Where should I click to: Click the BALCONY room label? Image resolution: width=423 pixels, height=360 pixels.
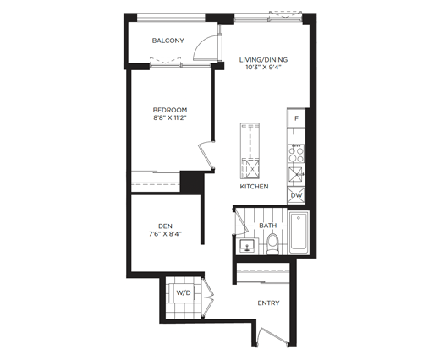pyautogui.click(x=168, y=41)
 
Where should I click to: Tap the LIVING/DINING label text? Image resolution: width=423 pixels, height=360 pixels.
pyautogui.click(x=263, y=60)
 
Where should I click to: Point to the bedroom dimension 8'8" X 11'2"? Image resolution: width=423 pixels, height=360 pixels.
pyautogui.click(x=170, y=117)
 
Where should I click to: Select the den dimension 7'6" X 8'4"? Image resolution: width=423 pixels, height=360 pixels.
pyautogui.click(x=165, y=234)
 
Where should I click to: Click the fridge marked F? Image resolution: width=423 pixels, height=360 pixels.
pyautogui.click(x=296, y=118)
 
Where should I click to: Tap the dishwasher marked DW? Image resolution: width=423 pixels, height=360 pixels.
pyautogui.click(x=296, y=195)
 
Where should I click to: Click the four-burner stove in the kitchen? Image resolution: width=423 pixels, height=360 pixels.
pyautogui.click(x=296, y=153)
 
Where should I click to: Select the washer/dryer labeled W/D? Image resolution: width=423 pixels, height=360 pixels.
pyautogui.click(x=184, y=292)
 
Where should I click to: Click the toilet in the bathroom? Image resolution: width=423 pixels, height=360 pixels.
pyautogui.click(x=272, y=243)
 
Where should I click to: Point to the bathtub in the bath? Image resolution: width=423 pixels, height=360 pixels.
pyautogui.click(x=299, y=232)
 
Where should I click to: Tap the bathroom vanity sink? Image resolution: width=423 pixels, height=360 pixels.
pyautogui.click(x=247, y=247)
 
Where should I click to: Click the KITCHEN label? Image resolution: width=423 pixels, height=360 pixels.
pyautogui.click(x=254, y=187)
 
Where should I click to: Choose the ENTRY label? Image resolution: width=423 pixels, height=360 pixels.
pyautogui.click(x=268, y=303)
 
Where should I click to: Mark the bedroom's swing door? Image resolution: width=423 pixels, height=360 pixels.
pyautogui.click(x=206, y=155)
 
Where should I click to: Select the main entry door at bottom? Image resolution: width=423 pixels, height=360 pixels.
pyautogui.click(x=272, y=335)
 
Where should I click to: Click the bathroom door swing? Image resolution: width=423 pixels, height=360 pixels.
pyautogui.click(x=240, y=222)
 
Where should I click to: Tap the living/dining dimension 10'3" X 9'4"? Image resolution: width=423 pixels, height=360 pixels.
pyautogui.click(x=263, y=68)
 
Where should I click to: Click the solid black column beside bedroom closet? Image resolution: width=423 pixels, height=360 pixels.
pyautogui.click(x=192, y=182)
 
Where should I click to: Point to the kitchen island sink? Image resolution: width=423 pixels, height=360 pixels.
pyautogui.click(x=250, y=169)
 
